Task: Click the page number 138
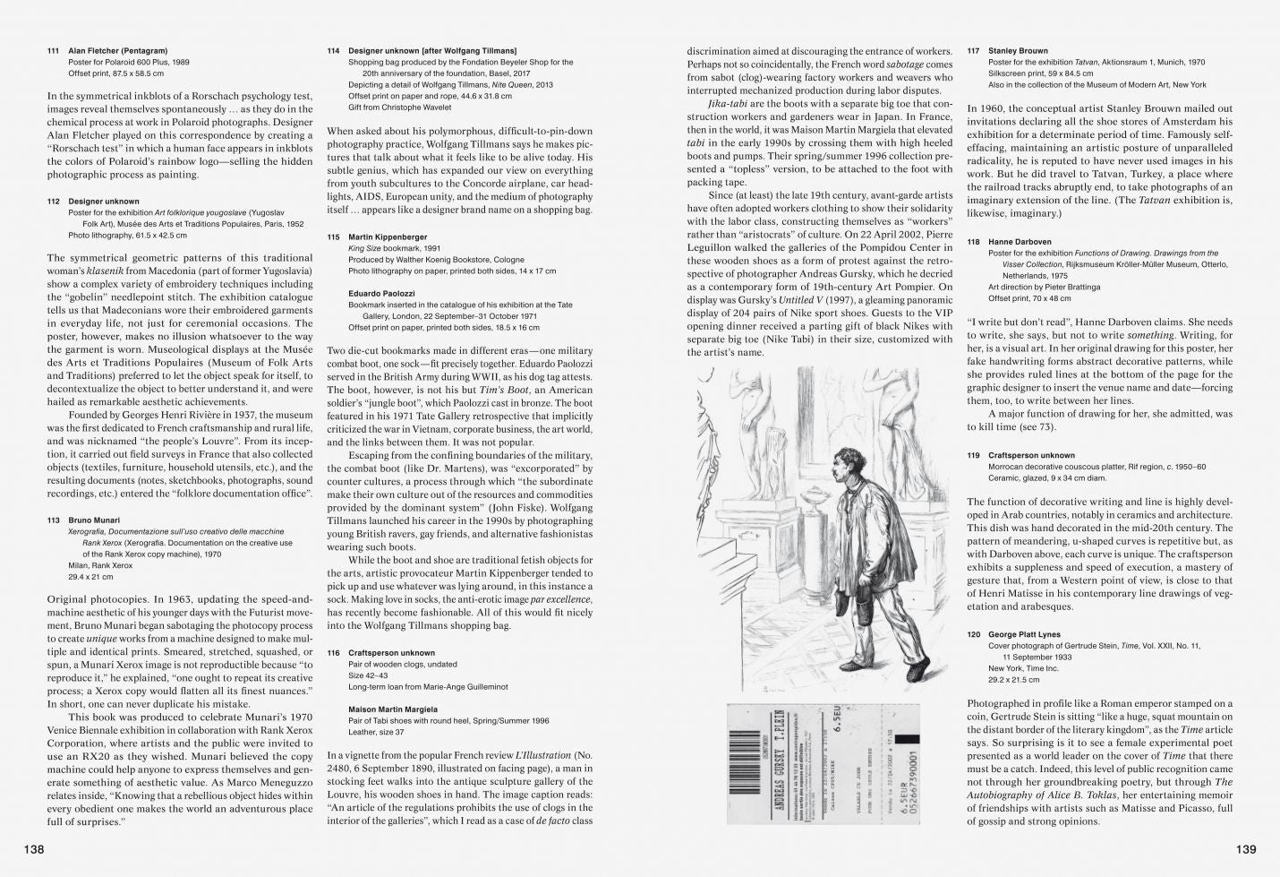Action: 33,849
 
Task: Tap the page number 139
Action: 1246,849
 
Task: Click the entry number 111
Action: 53,51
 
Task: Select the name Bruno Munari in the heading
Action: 94,520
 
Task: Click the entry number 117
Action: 973,51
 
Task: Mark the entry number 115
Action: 333,237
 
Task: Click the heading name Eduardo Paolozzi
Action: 381,293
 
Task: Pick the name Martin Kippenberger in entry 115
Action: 388,237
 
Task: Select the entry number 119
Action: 973,455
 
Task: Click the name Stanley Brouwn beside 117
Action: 1018,51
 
